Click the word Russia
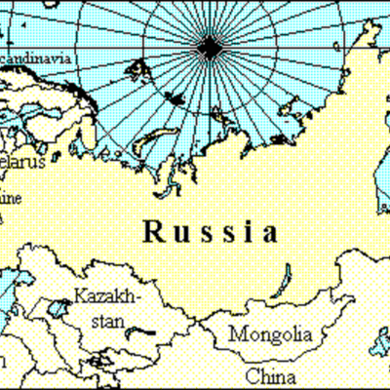[x=210, y=232]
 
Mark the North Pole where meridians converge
[x=209, y=46]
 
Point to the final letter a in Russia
[x=268, y=234]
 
